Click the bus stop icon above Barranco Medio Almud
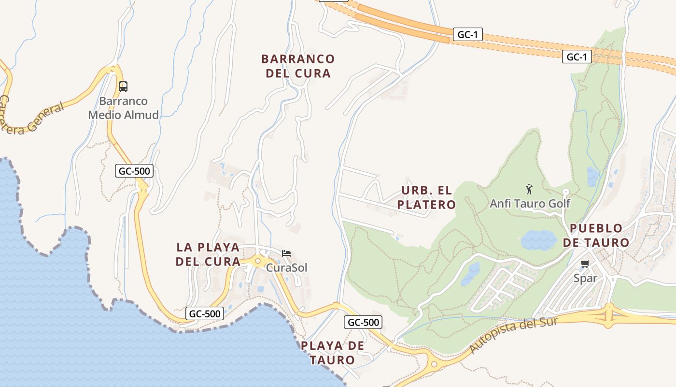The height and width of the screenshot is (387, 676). pyautogui.click(x=123, y=87)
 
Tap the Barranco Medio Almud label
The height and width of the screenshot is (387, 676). pyautogui.click(x=123, y=108)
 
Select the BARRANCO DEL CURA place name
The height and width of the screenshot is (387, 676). pyautogui.click(x=297, y=66)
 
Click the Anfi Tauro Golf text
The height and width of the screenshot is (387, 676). pyautogui.click(x=530, y=204)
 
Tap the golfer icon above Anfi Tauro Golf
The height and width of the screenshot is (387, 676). pyautogui.click(x=529, y=189)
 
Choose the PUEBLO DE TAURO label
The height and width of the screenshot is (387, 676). pyautogui.click(x=596, y=236)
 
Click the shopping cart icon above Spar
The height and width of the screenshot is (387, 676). pyautogui.click(x=585, y=264)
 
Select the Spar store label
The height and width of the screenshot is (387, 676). pyautogui.click(x=585, y=278)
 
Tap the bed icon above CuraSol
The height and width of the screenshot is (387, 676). pyautogui.click(x=286, y=253)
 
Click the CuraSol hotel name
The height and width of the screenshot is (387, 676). pyautogui.click(x=286, y=268)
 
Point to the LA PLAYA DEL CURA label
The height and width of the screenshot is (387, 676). pyautogui.click(x=208, y=254)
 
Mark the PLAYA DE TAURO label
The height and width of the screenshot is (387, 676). pyautogui.click(x=332, y=353)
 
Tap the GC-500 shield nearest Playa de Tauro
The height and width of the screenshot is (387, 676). pyautogui.click(x=363, y=322)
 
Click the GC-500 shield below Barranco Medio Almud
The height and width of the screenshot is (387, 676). pyautogui.click(x=134, y=171)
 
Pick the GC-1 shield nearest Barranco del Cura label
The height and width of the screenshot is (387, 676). pyautogui.click(x=467, y=35)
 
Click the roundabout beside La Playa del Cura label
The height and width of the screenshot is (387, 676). pyautogui.click(x=258, y=261)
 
